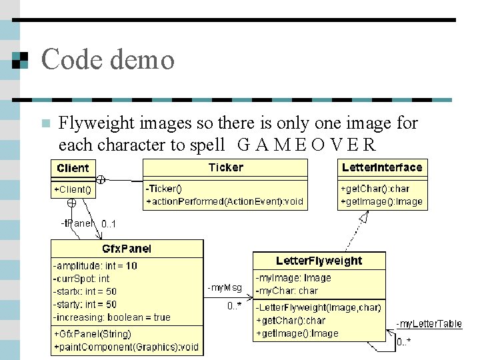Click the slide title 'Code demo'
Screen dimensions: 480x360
(x=107, y=59)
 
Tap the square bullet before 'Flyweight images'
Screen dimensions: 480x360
(x=45, y=123)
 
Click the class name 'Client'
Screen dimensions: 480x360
(x=73, y=167)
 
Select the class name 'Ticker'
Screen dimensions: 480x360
(x=225, y=167)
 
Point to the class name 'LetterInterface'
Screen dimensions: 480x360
(x=382, y=167)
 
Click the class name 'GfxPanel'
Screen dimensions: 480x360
(x=127, y=249)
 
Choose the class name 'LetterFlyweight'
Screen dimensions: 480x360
(x=319, y=261)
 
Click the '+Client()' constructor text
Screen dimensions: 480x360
(x=73, y=189)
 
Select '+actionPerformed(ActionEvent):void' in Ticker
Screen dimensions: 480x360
(x=225, y=201)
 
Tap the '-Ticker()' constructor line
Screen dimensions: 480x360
(x=163, y=189)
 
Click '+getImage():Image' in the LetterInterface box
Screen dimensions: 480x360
(x=381, y=201)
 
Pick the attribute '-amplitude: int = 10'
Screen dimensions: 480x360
(x=95, y=265)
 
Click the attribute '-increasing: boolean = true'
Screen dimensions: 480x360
(x=112, y=317)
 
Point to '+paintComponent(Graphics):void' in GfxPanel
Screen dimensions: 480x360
(x=127, y=347)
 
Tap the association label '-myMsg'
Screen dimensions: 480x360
(x=225, y=288)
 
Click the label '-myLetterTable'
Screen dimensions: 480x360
(x=429, y=324)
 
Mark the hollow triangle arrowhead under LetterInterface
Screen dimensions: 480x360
(x=364, y=217)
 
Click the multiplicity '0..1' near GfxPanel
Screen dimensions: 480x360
(x=109, y=224)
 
